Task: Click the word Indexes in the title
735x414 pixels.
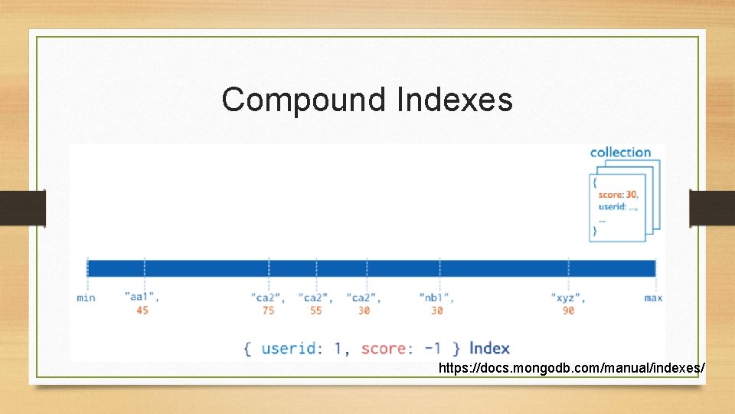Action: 455,100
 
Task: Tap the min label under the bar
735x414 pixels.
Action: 87,297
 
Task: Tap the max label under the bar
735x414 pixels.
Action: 653,297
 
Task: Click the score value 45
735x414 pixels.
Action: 142,310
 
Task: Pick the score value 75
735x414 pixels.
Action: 268,310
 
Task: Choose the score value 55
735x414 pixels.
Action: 316,310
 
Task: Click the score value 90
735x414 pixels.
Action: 568,310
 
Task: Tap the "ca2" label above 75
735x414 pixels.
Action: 268,297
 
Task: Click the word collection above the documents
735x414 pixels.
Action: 620,153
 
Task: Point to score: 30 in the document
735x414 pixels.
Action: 618,195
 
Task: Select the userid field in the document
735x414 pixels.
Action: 613,206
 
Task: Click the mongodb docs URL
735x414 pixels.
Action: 571,369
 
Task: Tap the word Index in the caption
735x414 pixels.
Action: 489,348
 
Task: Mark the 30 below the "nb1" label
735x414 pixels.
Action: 437,310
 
